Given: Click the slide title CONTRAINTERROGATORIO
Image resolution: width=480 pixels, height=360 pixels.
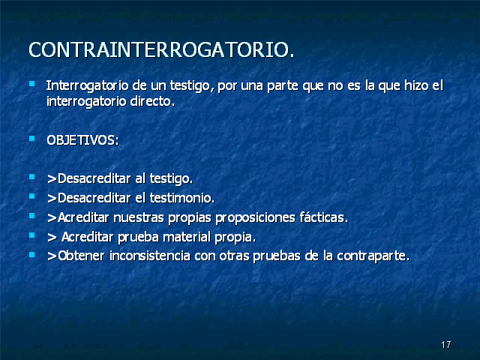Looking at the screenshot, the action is [161, 50].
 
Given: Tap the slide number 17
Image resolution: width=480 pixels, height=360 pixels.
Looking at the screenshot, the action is [446, 345].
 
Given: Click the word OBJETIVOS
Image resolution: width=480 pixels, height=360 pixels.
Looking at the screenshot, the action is [82, 140].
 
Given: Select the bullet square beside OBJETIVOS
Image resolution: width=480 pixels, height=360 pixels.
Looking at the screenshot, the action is [31, 138].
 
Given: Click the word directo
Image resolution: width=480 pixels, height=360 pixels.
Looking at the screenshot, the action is [152, 101].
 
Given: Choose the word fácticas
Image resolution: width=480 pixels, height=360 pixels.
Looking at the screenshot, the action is [324, 217].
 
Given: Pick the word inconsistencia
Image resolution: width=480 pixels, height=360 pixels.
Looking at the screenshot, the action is [150, 256].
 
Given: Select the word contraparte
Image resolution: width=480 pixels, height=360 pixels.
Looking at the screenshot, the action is [373, 256].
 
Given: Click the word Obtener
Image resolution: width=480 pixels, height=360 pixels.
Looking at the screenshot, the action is [81, 256].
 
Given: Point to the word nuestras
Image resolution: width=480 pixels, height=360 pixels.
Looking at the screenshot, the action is [139, 217].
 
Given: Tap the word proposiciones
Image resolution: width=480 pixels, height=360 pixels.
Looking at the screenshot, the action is [255, 218].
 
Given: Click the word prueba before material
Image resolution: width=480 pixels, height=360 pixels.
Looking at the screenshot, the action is [138, 238].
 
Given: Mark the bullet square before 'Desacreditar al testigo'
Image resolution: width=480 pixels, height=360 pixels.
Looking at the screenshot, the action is [31, 177].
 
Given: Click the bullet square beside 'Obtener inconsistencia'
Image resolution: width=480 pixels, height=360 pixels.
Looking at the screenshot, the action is [31, 254].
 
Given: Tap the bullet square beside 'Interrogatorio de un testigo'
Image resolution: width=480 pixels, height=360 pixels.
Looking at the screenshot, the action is [31, 83].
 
